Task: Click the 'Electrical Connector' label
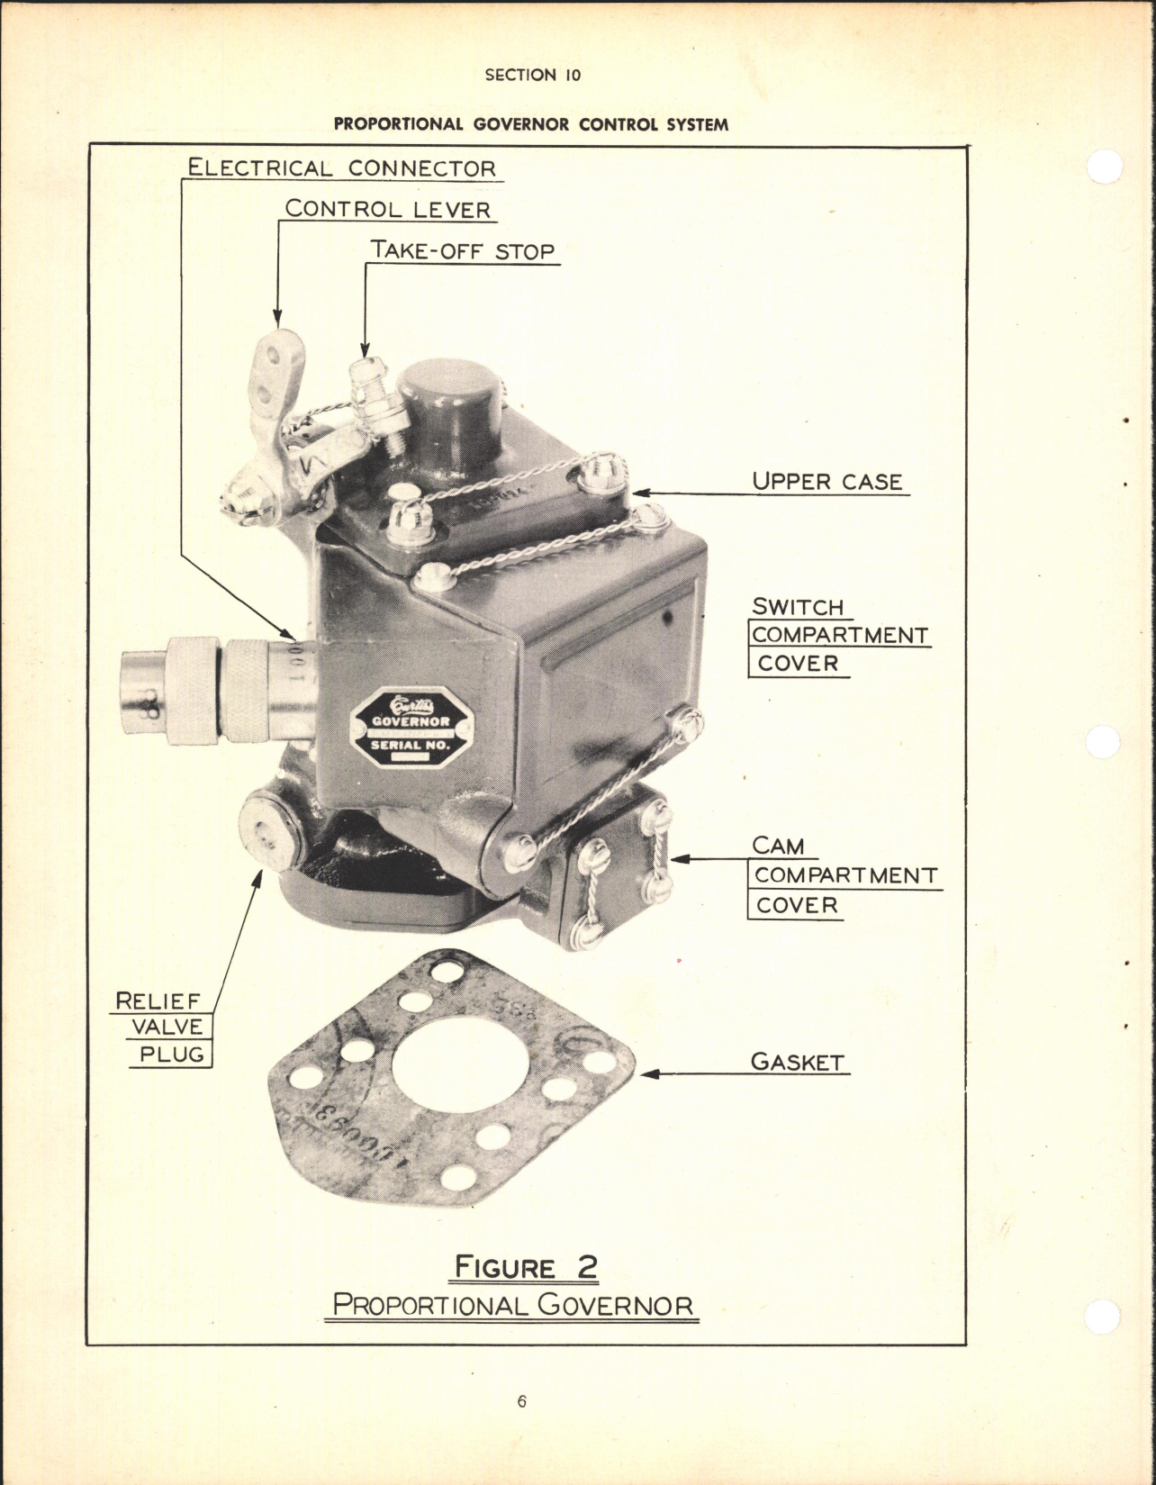click(x=341, y=168)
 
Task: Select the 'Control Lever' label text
click(x=387, y=209)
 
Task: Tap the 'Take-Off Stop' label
click(x=463, y=250)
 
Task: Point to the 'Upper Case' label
click(x=826, y=481)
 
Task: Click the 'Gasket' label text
click(x=798, y=1062)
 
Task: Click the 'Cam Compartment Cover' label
click(x=844, y=875)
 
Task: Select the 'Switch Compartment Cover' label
click(x=839, y=635)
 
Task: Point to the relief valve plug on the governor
click(x=267, y=834)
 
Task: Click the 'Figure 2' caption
click(x=525, y=1267)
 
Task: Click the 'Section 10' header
click(x=532, y=76)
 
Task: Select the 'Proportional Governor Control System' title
click(x=530, y=124)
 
